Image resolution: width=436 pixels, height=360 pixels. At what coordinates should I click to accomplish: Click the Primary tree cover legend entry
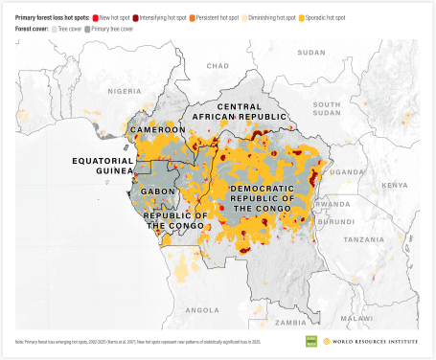tap(115, 30)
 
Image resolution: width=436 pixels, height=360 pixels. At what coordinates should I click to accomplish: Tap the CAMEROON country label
tap(158, 129)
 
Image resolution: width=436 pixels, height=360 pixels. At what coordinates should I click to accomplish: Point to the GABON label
tap(159, 191)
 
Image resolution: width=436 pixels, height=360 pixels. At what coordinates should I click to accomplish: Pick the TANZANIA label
tap(366, 239)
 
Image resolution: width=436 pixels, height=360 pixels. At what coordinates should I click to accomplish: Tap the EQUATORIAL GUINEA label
tap(102, 166)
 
